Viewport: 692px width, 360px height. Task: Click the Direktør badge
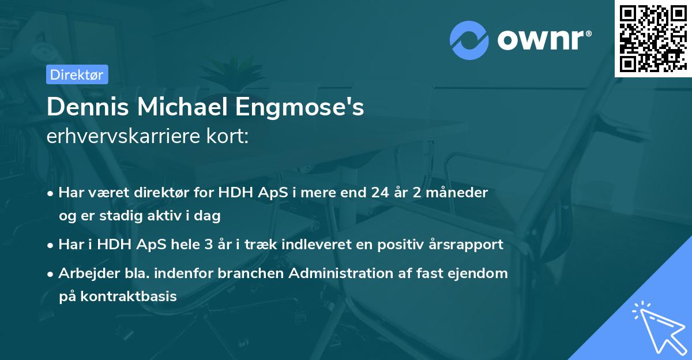77,74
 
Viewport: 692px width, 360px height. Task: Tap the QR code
652,38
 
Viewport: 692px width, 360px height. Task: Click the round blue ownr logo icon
469,40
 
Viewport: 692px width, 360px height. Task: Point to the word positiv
393,245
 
